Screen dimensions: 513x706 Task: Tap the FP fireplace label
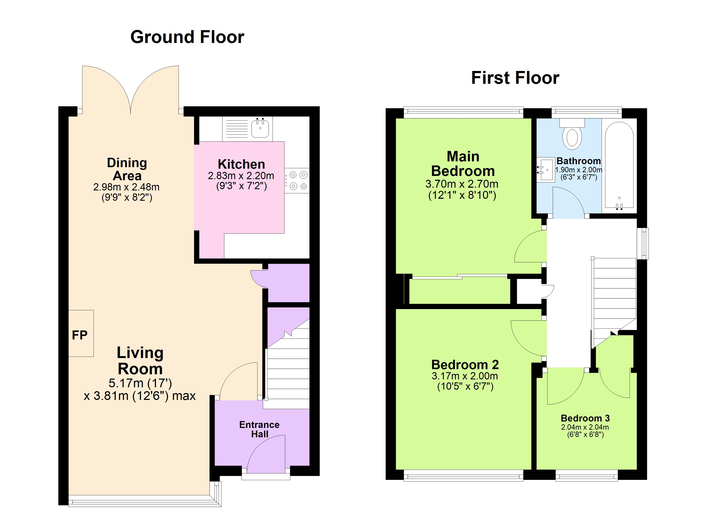click(80, 335)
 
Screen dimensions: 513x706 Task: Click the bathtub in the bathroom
click(619, 165)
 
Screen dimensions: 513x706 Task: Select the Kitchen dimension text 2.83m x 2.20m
click(241, 176)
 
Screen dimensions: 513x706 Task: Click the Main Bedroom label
click(463, 164)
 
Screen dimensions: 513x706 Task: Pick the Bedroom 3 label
click(585, 418)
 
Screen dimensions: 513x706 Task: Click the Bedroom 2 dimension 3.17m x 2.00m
click(465, 376)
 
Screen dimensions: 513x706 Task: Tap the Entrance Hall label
click(259, 429)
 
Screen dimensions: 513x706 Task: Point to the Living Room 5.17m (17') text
click(140, 383)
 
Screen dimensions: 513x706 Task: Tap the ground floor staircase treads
click(288, 373)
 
